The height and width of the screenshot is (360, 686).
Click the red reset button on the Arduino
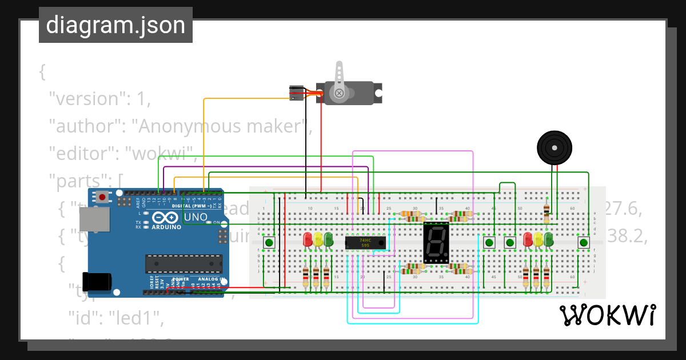tap(102, 198)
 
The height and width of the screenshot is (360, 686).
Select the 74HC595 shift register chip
tap(365, 243)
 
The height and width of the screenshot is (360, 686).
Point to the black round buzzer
tap(555, 147)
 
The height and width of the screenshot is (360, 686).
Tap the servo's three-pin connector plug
tap(296, 93)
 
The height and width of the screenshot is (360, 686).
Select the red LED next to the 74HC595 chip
tap(308, 238)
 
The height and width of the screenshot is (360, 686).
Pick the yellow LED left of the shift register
tap(318, 238)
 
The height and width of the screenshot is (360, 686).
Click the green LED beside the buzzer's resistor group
tap(549, 238)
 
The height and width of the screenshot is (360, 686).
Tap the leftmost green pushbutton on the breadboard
tap(269, 243)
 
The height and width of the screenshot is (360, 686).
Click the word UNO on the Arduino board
tap(196, 218)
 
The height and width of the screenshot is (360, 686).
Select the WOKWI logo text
tap(607, 315)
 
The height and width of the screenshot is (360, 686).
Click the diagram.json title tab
tap(115, 25)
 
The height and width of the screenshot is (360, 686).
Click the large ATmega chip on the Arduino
tap(184, 263)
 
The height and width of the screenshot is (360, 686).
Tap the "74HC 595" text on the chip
tap(365, 243)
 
